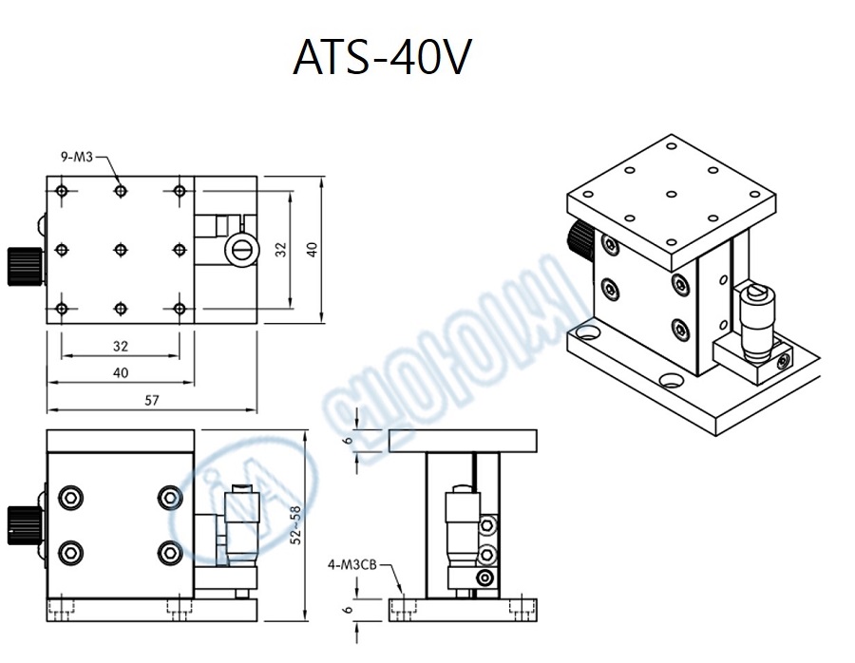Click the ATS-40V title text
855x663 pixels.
[382, 59]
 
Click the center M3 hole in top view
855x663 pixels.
[121, 250]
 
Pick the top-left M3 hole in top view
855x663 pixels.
[63, 192]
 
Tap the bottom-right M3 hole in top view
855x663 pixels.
[179, 308]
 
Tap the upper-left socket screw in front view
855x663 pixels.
[69, 498]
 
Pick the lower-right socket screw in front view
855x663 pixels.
[170, 551]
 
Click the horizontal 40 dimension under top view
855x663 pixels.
[121, 373]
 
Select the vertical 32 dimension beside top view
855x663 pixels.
[281, 250]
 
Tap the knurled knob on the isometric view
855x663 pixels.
[579, 238]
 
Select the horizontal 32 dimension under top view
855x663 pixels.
[121, 346]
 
